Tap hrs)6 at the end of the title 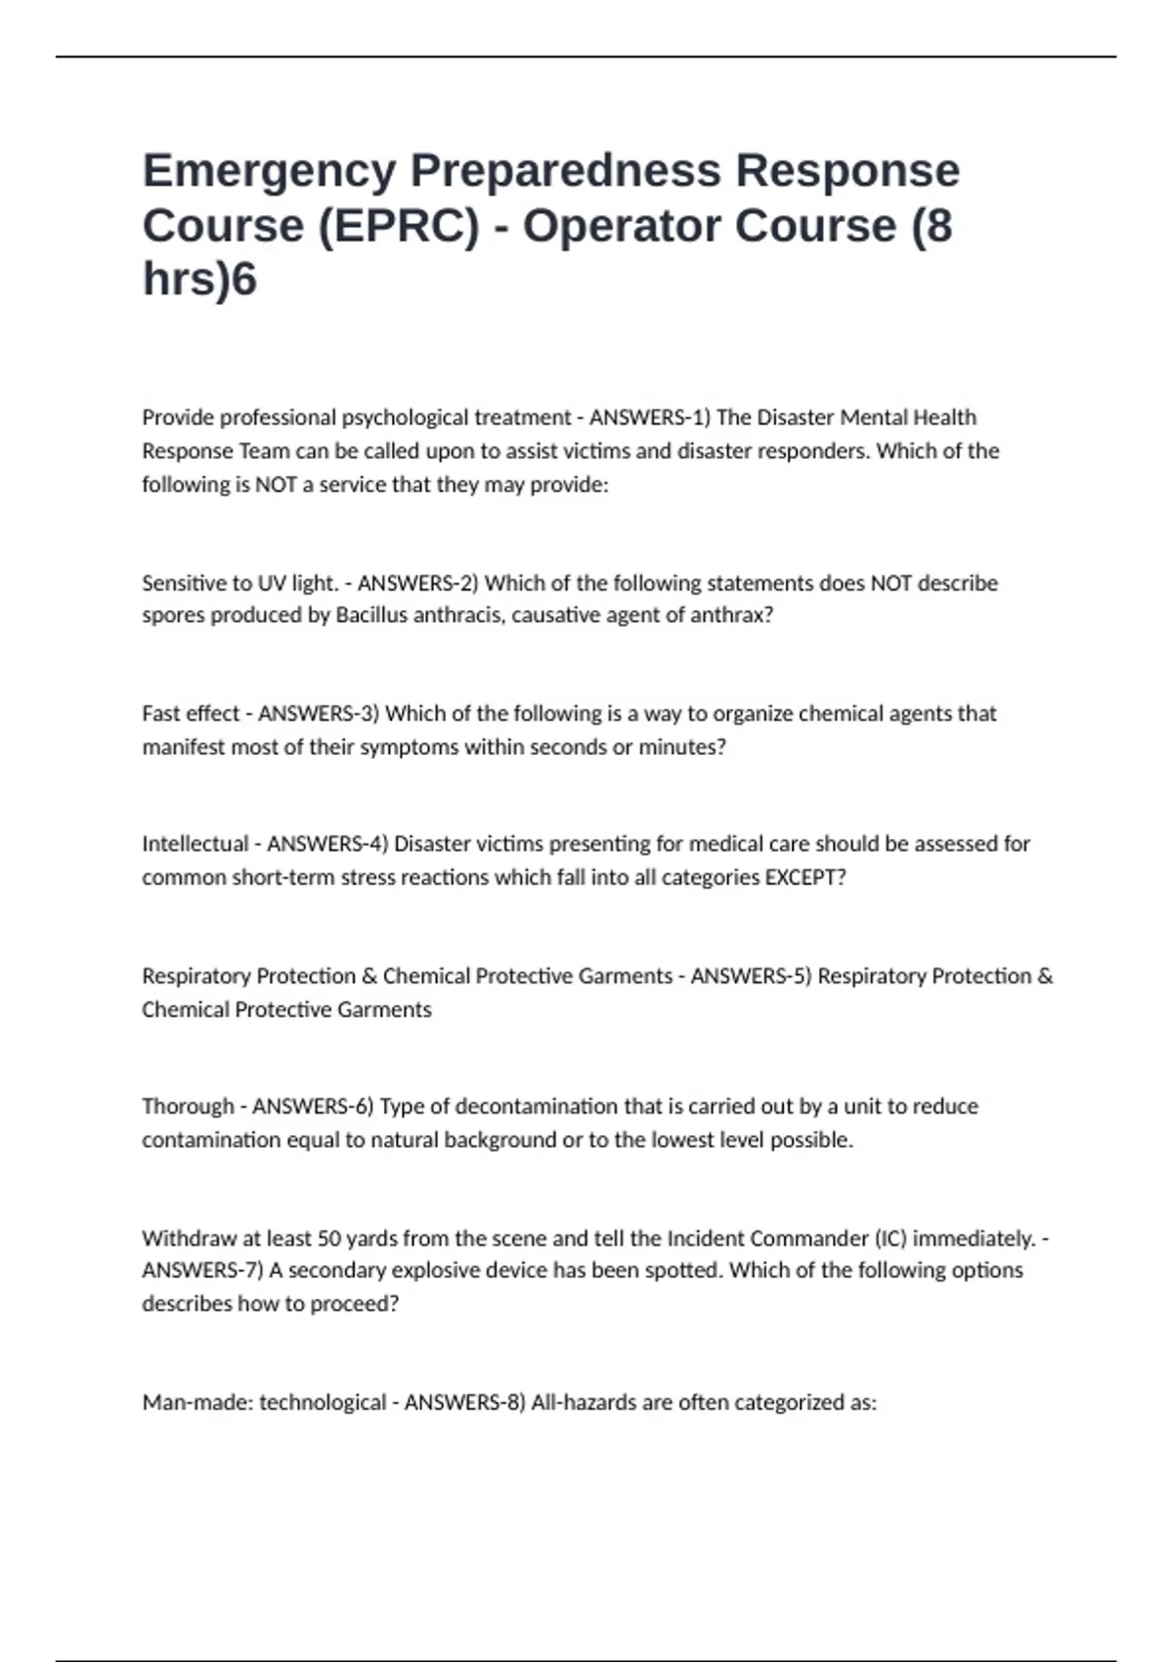[x=199, y=280]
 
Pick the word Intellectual [x=195, y=844]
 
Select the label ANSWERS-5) [x=751, y=977]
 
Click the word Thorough [x=188, y=1107]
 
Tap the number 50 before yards [x=329, y=1239]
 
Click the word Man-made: [x=197, y=1403]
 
